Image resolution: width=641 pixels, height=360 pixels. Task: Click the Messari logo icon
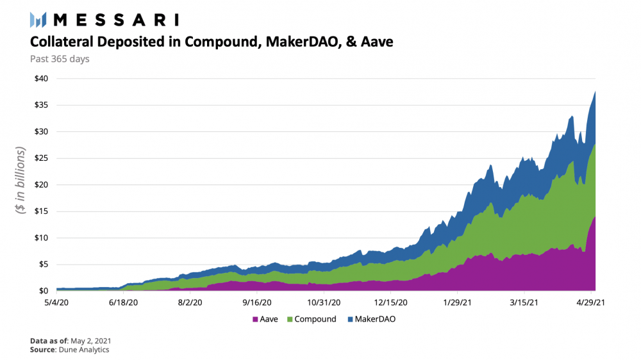tap(38, 20)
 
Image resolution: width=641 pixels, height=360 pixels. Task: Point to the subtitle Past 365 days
tap(60, 59)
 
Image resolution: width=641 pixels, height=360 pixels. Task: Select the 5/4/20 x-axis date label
tap(56, 302)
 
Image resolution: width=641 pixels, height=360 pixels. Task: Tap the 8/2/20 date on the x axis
tap(190, 302)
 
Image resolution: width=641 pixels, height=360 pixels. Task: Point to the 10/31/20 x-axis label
tap(324, 302)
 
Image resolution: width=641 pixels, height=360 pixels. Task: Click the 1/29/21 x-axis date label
tap(458, 302)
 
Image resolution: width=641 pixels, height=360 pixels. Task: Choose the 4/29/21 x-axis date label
tap(592, 302)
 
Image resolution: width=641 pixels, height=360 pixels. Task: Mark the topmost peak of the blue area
tap(596, 92)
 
